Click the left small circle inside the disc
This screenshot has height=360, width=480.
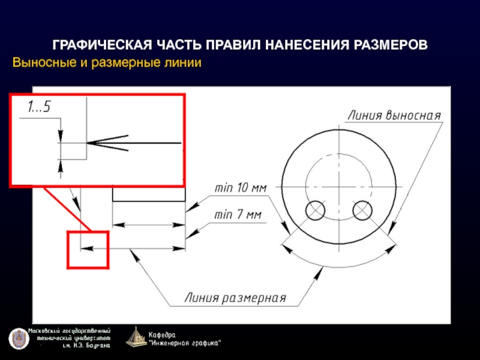coord(315,211)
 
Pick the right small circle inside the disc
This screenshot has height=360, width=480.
coord(362,211)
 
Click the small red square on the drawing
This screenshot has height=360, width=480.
coord(88,250)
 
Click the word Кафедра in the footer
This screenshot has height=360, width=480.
coord(162,334)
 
